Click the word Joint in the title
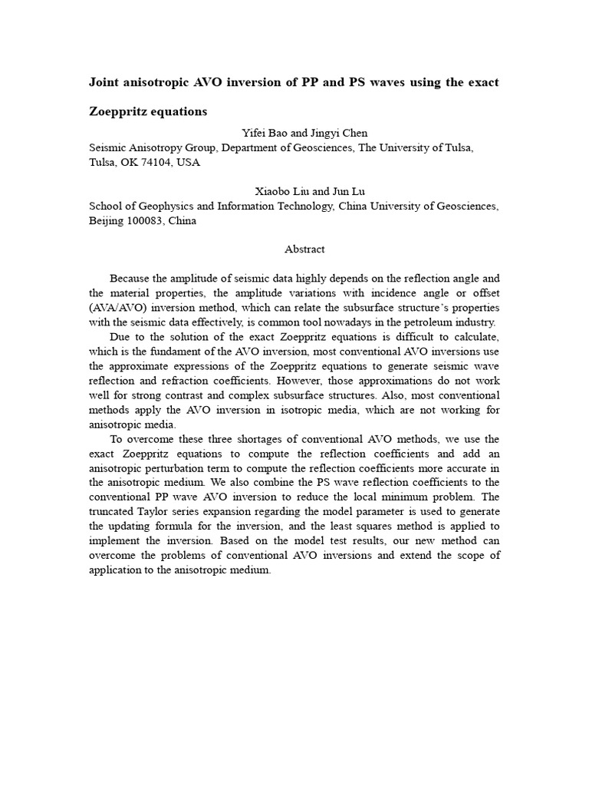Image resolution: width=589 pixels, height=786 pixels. tap(107, 82)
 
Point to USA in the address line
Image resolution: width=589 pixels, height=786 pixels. tap(189, 163)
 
